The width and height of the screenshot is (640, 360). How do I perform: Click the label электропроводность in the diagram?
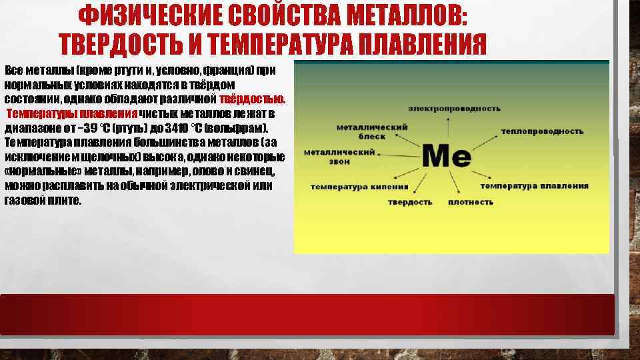[x=455, y=108]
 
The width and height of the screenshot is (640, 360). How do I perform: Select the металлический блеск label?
[x=363, y=131]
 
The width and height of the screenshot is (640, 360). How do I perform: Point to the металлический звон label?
[x=339, y=156]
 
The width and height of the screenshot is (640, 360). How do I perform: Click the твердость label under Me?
[x=410, y=201]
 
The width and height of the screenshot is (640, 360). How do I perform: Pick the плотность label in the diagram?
[x=471, y=201]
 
